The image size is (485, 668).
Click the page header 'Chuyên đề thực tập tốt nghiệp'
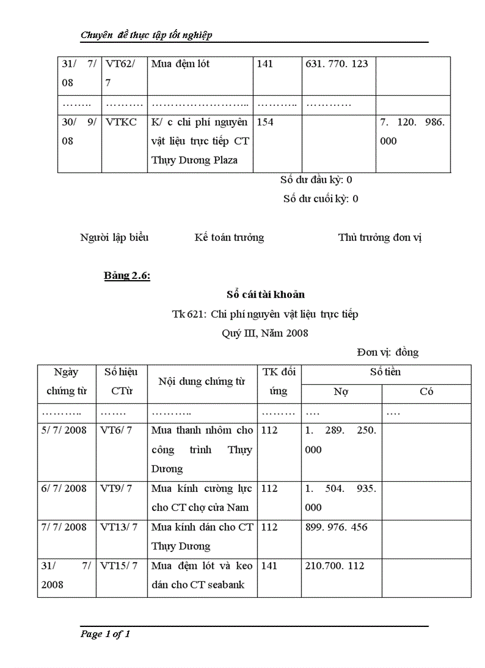tap(146, 35)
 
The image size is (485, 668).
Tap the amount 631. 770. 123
tap(336, 64)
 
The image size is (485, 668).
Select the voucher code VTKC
tap(121, 122)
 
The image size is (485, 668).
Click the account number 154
tap(265, 122)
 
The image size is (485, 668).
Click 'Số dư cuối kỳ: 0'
tap(320, 199)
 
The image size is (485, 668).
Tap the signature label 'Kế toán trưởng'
tap(229, 237)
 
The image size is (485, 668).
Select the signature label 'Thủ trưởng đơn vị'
tap(380, 237)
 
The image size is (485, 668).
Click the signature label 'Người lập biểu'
tap(114, 237)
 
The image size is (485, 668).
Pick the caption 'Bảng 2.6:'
tap(127, 275)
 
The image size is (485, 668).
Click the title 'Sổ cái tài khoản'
tap(266, 294)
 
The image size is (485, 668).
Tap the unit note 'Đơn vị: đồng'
tap(388, 352)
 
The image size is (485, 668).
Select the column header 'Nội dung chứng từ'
tap(202, 381)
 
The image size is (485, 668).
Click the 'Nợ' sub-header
tap(341, 391)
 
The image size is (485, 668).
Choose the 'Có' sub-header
tap(426, 391)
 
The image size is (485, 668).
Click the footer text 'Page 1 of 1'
tap(105, 634)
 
